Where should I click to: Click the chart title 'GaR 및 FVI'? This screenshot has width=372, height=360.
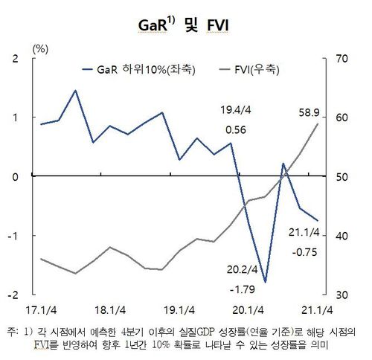tap(185, 25)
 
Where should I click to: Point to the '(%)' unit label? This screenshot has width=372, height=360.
tap(40, 48)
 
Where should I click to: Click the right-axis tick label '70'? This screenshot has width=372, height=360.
tap(343, 59)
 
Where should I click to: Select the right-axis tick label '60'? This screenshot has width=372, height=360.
tap(343, 118)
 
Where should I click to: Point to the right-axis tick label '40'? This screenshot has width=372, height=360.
tap(343, 235)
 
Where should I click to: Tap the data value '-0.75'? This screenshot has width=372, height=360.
tap(305, 251)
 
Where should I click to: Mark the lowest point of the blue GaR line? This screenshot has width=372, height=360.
tap(266, 282)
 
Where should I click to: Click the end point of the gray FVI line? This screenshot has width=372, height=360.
tap(318, 124)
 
